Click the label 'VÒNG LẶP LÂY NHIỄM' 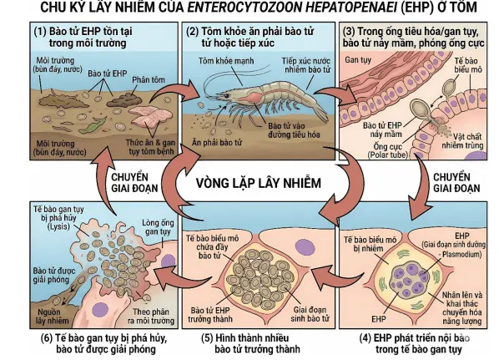click(259, 183)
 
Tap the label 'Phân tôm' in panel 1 click(149, 79)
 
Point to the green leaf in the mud click(93, 125)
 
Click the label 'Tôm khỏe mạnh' click(226, 61)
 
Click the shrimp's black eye click(226, 95)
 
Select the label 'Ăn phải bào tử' click(217, 142)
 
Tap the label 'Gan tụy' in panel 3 click(358, 60)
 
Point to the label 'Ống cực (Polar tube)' click(388, 151)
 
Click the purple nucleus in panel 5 click(305, 248)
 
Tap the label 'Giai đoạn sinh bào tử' click(310, 314)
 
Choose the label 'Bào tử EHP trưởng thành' click(210, 314)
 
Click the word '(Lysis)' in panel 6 click(58, 226)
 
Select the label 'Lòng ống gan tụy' click(158, 227)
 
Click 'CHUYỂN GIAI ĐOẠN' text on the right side click(456, 183)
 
